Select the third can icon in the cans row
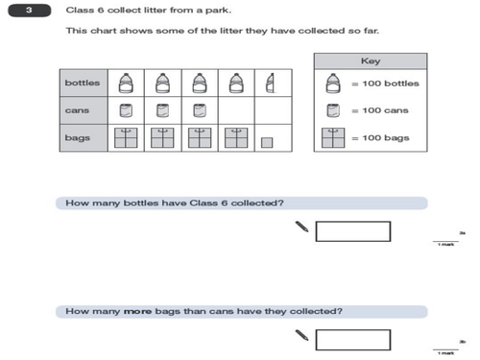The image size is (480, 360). point(199,110)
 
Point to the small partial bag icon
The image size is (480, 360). point(269,142)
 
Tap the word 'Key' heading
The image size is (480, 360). point(371,60)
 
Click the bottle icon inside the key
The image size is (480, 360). point(333,83)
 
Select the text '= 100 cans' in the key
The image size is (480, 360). point(379,111)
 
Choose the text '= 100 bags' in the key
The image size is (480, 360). point(379,139)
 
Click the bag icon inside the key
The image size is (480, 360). point(333,139)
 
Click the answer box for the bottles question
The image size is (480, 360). point(352,230)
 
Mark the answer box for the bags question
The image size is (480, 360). point(352,339)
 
